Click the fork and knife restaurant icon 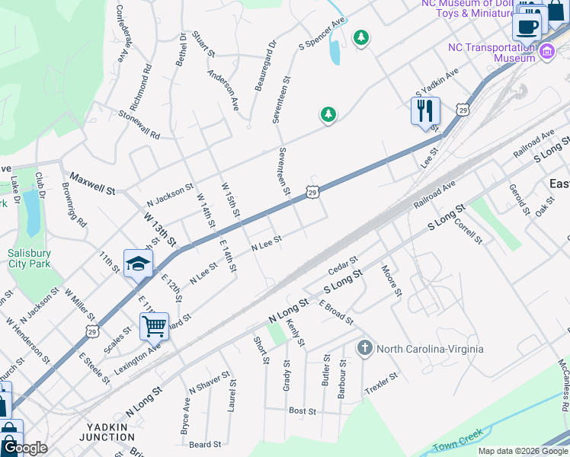(x=425, y=111)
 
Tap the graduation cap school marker (x=138, y=264)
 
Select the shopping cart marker (x=154, y=327)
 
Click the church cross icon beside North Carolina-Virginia (x=365, y=349)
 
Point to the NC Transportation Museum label (x=492, y=53)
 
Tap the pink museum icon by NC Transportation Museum (x=546, y=52)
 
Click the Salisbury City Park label (x=29, y=258)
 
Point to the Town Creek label (x=458, y=444)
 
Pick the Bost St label (x=303, y=411)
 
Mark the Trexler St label (x=381, y=379)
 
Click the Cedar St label (x=342, y=267)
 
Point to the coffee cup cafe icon (x=527, y=27)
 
